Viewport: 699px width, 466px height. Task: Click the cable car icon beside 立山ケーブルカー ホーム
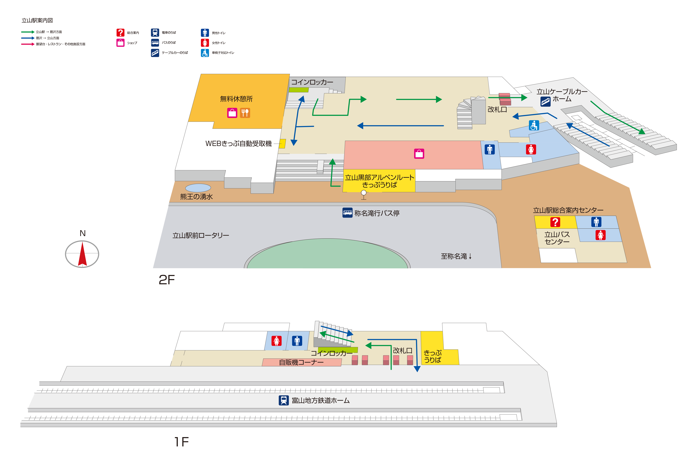tap(545, 102)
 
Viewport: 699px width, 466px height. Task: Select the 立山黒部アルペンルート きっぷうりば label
tap(380, 181)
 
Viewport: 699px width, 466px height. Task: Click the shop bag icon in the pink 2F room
tap(419, 154)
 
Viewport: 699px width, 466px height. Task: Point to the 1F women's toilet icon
tap(276, 341)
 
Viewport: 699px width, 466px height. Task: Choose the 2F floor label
tap(167, 280)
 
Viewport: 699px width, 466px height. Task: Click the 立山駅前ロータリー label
tap(201, 235)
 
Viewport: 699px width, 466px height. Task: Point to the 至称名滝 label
tap(456, 256)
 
